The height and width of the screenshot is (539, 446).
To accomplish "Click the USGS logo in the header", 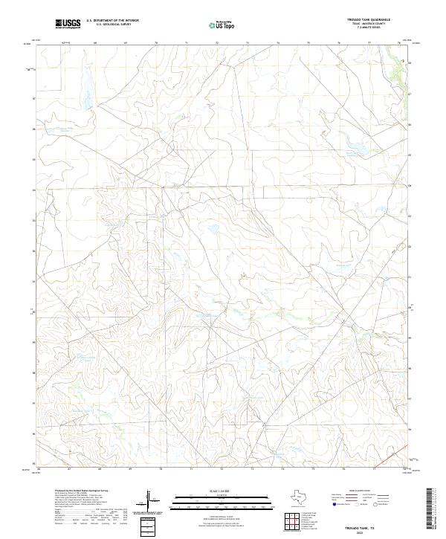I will [68, 25].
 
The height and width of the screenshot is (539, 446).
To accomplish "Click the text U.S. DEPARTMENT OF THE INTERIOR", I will [112, 21].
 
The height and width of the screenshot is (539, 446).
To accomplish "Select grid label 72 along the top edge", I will [217, 43].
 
